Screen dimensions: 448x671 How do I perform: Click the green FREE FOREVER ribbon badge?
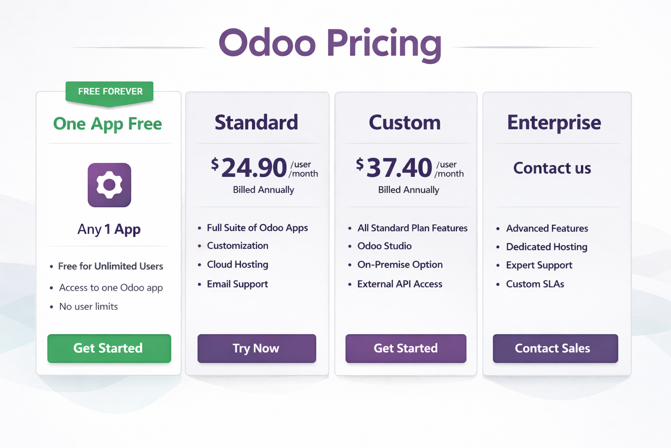[110, 92]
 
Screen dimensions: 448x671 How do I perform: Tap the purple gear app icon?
[109, 185]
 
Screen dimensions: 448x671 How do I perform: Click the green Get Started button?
[109, 348]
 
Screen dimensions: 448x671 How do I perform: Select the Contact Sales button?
[555, 348]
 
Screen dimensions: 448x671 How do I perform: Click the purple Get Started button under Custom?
[406, 348]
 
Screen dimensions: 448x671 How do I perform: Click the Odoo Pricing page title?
[330, 44]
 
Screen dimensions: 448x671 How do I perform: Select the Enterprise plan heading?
[554, 122]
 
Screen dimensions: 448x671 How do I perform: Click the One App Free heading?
[107, 124]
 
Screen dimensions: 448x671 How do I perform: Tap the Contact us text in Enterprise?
[552, 168]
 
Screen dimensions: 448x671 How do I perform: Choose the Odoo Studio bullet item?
[384, 246]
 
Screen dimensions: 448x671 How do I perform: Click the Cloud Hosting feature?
[238, 264]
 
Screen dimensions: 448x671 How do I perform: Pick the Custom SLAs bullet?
[535, 284]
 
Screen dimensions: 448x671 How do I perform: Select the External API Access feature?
[400, 284]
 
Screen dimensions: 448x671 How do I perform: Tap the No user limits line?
[89, 306]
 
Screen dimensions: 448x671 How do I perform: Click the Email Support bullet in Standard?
[237, 284]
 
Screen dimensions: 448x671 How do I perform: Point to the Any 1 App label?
[109, 229]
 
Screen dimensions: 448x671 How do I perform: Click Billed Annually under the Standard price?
[263, 190]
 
